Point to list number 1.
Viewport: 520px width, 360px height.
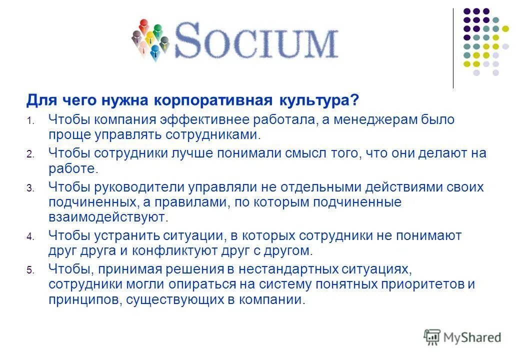click(29, 121)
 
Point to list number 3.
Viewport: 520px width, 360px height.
click(29, 188)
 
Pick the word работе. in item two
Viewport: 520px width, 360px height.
click(72, 168)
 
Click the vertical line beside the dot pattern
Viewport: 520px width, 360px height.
click(453, 48)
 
